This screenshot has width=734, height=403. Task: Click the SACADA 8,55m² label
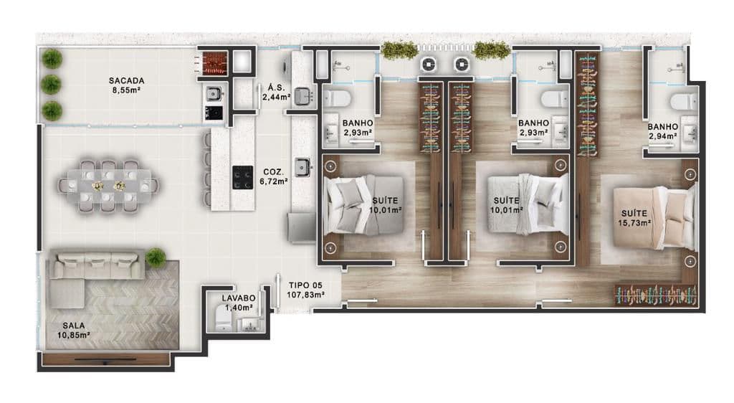(x=127, y=85)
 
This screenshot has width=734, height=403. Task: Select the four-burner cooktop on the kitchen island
(x=242, y=177)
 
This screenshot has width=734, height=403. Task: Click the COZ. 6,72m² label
(x=274, y=176)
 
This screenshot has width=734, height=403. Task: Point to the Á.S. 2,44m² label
(x=276, y=93)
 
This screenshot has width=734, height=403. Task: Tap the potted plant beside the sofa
(x=155, y=258)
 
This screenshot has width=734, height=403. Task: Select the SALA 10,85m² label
(x=74, y=330)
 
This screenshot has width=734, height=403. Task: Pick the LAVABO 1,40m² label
(x=239, y=303)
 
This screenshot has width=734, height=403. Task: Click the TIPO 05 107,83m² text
(x=306, y=290)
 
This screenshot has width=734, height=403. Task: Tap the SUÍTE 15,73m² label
(x=634, y=218)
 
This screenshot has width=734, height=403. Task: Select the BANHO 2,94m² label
(x=663, y=131)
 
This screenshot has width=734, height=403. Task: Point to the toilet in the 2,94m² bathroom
(x=683, y=100)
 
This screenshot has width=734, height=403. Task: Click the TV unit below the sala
(x=105, y=359)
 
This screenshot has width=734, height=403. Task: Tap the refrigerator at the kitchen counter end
(x=302, y=227)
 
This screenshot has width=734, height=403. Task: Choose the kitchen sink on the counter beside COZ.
(x=302, y=167)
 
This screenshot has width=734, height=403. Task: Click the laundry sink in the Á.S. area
(x=303, y=96)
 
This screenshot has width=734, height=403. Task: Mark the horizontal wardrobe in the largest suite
(x=655, y=295)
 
